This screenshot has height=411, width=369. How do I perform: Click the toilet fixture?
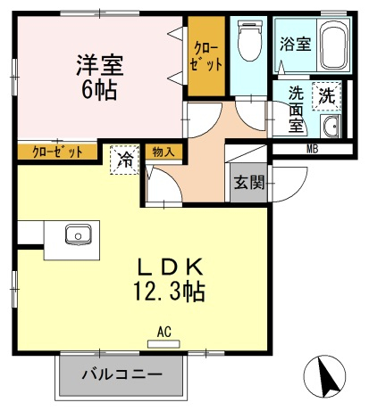pyautogui.click(x=250, y=40)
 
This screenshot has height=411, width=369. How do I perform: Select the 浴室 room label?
pyautogui.click(x=295, y=44)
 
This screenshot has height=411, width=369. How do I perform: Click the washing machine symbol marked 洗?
pyautogui.click(x=327, y=96)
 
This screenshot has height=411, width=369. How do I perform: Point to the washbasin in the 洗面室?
pyautogui.click(x=331, y=127)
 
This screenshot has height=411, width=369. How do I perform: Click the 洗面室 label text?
pyautogui.click(x=296, y=110)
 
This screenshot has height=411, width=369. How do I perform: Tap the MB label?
pyautogui.click(x=313, y=149)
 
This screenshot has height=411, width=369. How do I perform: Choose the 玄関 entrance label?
pyautogui.click(x=249, y=182)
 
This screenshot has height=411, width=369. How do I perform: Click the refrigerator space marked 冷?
pyautogui.click(x=125, y=160)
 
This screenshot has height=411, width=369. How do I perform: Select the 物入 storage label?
pyautogui.click(x=163, y=152)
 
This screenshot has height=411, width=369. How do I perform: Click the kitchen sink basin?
pyautogui.click(x=79, y=234)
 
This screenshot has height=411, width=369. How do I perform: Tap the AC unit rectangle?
pyautogui.click(x=164, y=344)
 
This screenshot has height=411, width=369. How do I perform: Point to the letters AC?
pyautogui.click(x=164, y=332)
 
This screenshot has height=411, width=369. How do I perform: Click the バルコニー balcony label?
pyautogui.click(x=122, y=374)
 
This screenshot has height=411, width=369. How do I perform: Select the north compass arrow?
pyautogui.click(x=329, y=376)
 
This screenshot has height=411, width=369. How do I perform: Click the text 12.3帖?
pyautogui.click(x=169, y=292)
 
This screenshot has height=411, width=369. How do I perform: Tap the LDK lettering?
pyautogui.click(x=170, y=267)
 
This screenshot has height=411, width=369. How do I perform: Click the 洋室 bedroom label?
pyautogui.click(x=99, y=65)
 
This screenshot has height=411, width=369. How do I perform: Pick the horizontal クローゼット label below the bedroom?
pyautogui.click(x=57, y=152)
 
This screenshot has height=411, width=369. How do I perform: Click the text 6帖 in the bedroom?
pyautogui.click(x=99, y=89)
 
